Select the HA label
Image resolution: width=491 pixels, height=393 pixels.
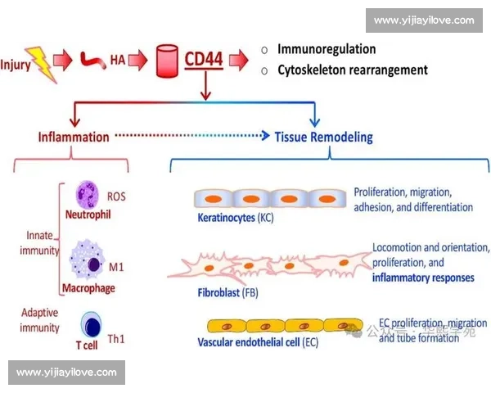click(118, 60)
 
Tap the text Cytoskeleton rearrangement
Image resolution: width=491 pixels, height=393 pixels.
click(353, 70)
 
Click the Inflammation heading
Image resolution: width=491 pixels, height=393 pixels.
click(73, 137)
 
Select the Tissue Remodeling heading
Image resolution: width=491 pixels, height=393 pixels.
click(323, 137)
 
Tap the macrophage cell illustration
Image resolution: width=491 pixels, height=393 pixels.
click(87, 260)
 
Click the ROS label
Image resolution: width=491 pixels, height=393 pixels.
click(117, 196)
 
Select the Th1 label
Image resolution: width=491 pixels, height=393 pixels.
click(116, 338)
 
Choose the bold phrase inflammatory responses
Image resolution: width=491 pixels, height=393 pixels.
click(423, 278)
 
